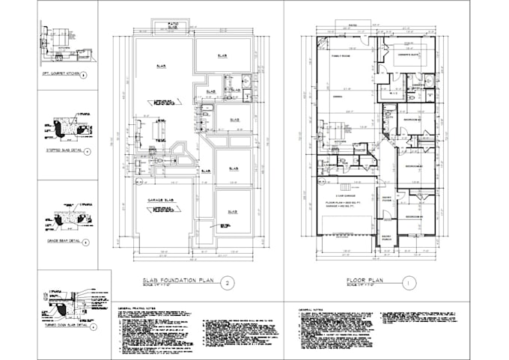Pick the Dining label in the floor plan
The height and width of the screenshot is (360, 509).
[x=337, y=96]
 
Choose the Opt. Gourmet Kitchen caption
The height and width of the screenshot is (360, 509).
[x=59, y=74]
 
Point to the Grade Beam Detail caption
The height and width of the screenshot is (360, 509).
[x=60, y=242]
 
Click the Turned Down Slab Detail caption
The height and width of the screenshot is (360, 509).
[x=64, y=328]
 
